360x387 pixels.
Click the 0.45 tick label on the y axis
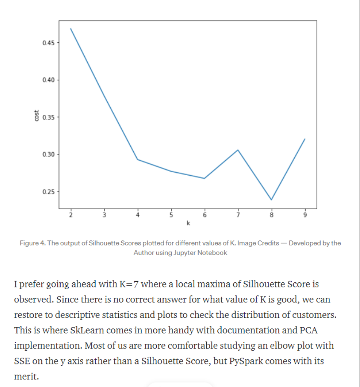(x=48, y=43)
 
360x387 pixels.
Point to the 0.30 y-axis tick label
(x=48, y=154)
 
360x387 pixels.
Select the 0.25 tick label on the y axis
(x=48, y=191)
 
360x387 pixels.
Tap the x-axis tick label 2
(x=70, y=215)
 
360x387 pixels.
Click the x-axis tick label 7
(x=238, y=215)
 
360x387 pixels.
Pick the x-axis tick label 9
(x=305, y=215)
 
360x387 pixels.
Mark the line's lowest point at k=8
(x=271, y=199)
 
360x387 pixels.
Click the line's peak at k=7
(x=238, y=150)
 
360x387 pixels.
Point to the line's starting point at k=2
(x=70, y=29)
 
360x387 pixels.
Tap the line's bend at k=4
(x=137, y=159)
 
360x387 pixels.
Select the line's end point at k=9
(x=305, y=139)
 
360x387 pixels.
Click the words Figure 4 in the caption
(x=32, y=243)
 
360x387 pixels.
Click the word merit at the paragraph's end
(x=26, y=376)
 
